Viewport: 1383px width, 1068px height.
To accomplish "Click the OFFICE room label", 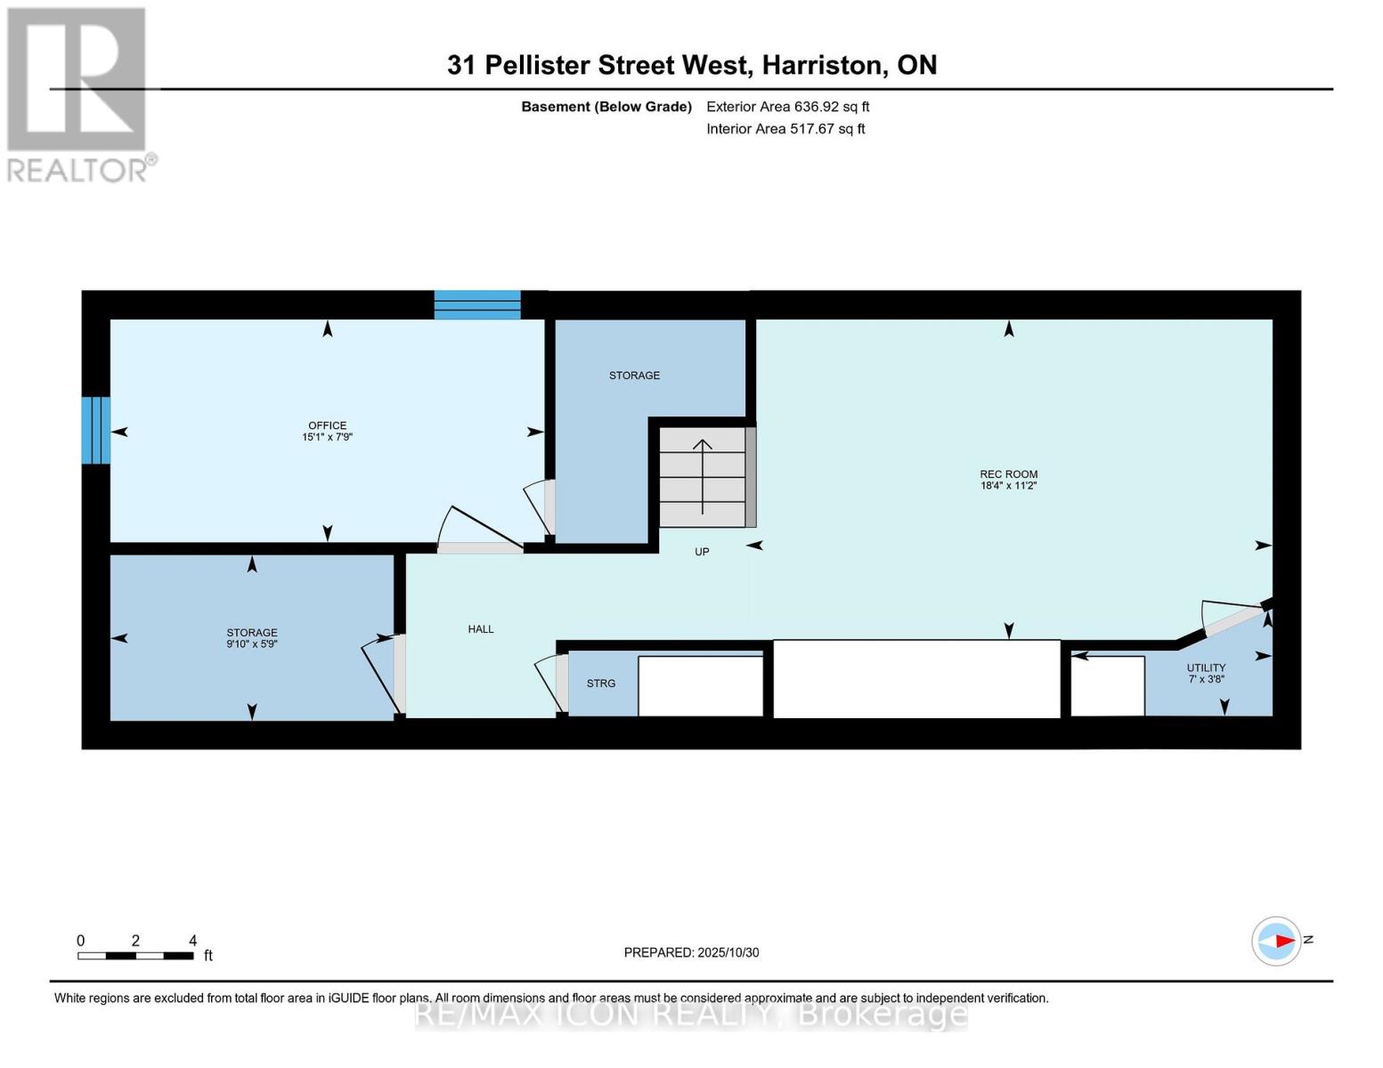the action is (x=327, y=425).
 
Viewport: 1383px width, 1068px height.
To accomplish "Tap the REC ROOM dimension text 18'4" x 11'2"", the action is (x=1009, y=485).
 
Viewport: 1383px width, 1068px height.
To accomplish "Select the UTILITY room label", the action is (x=1206, y=667).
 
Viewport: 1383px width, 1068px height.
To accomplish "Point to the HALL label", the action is (x=481, y=629).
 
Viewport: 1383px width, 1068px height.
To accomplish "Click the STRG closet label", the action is (x=601, y=684).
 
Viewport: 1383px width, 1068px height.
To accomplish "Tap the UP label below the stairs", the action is (x=702, y=552).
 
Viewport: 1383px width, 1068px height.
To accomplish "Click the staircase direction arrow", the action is (x=702, y=476).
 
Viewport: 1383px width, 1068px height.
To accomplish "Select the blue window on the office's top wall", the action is (x=477, y=304).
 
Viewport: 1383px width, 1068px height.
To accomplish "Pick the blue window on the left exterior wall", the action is (x=96, y=431).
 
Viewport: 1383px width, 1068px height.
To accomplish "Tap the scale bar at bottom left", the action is (x=135, y=955).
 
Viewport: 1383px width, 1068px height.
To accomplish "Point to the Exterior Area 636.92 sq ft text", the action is (x=788, y=107).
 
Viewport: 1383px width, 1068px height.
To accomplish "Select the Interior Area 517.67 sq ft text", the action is (x=785, y=129).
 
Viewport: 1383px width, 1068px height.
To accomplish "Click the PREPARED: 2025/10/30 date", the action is (x=691, y=952).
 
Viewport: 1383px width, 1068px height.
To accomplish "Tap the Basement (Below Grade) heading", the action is (x=606, y=107).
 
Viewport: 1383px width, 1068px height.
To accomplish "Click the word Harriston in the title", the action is (x=826, y=66).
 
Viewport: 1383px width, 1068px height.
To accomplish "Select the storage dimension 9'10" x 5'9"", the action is (x=252, y=643).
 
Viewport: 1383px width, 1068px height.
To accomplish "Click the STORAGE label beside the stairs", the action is (x=635, y=376).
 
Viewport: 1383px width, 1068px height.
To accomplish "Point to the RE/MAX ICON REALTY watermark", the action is (x=691, y=1014).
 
